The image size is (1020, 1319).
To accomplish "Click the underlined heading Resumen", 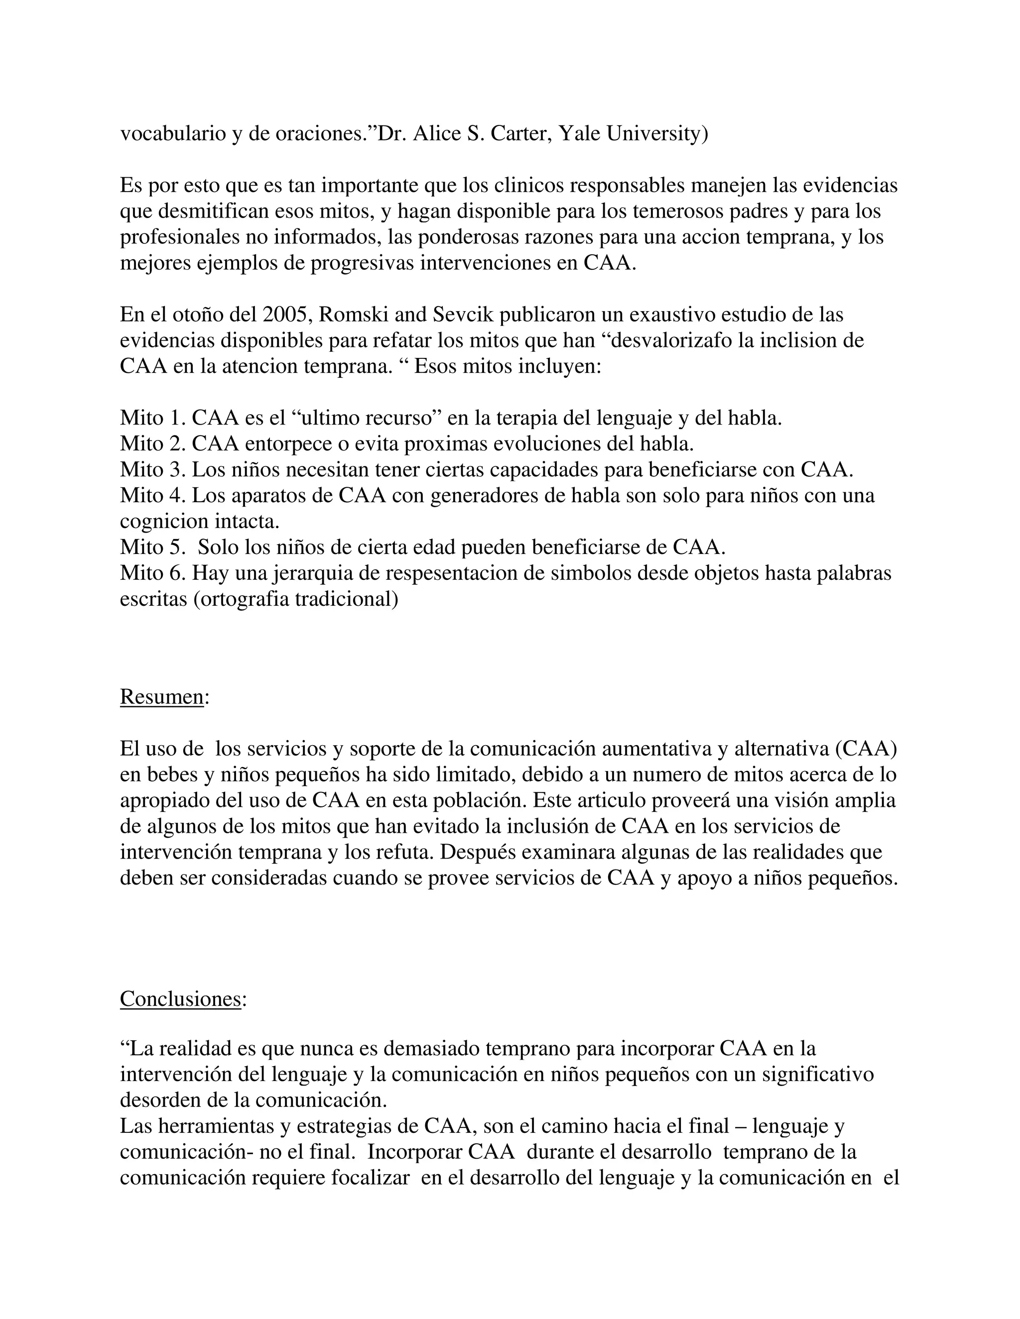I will coord(162,696).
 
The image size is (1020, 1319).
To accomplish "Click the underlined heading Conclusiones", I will coord(181,998).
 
